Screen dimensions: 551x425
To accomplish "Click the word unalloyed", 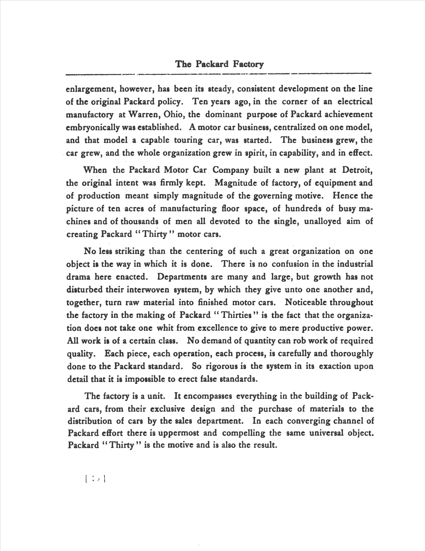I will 322,221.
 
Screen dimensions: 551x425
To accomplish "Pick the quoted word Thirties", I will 236,315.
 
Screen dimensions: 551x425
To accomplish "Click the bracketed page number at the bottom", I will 95,479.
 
